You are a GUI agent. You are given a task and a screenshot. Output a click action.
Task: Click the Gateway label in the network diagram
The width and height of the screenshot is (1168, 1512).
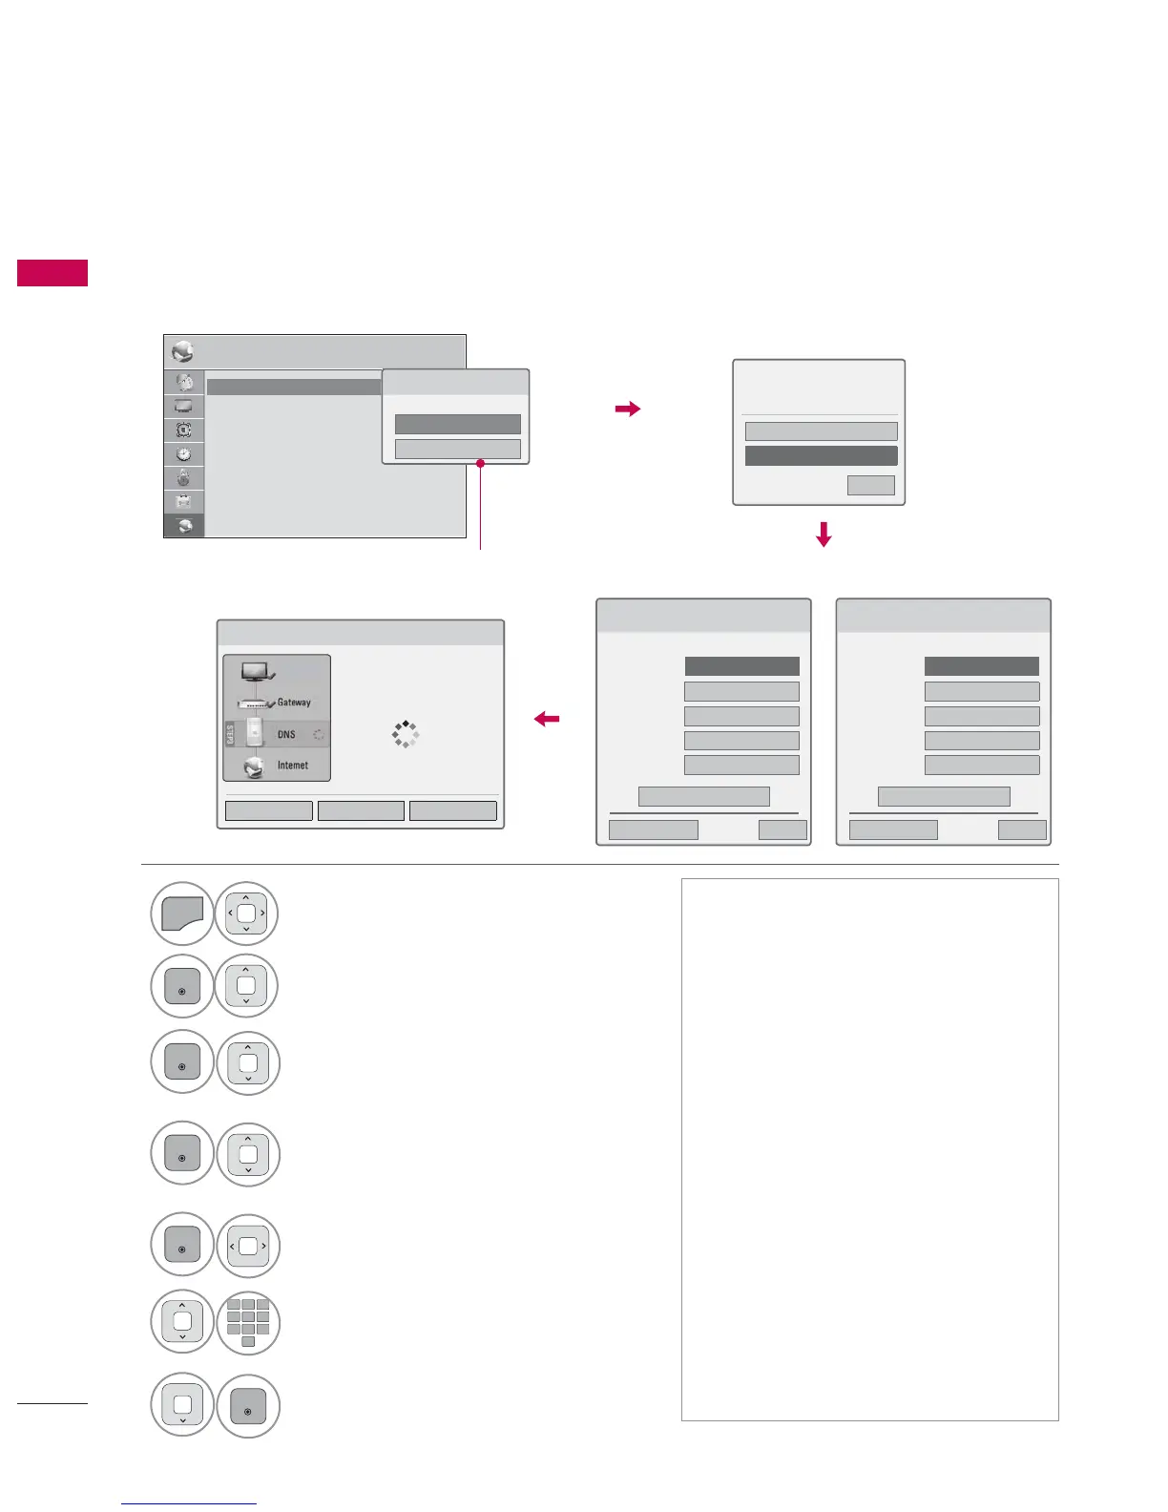pos(294,703)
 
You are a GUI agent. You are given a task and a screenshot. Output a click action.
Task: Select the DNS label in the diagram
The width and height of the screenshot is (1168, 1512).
pos(286,735)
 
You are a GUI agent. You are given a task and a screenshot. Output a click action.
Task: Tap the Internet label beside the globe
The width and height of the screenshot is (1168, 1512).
pos(293,766)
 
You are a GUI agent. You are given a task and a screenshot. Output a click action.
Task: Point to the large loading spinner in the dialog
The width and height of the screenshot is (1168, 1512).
pos(406,734)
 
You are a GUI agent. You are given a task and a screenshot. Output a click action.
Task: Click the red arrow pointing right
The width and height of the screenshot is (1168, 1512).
pos(628,409)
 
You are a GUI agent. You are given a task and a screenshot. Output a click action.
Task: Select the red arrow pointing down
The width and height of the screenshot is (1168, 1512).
pos(824,534)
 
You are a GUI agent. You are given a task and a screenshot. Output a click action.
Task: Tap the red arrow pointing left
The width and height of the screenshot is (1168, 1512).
pos(547,720)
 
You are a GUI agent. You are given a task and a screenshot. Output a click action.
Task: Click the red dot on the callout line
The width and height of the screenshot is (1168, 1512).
pos(480,464)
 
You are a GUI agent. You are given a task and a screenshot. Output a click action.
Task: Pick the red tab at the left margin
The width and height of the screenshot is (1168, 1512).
pos(52,273)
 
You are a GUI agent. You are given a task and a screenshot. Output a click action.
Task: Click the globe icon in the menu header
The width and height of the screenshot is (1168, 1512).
pos(182,352)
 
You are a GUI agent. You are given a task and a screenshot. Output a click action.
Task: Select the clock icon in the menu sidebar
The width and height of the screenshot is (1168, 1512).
pos(184,454)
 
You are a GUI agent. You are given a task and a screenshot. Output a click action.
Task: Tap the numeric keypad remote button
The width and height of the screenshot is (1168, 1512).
pos(248,1323)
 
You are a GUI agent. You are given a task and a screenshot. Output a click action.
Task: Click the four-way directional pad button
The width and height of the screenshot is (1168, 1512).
pos(246,913)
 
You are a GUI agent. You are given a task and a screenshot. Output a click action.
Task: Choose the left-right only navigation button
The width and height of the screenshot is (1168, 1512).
pos(248,1246)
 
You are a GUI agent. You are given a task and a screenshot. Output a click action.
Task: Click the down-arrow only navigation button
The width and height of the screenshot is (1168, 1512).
pos(182,1406)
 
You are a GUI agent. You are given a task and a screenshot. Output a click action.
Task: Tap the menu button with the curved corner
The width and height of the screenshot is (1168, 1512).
pos(181,913)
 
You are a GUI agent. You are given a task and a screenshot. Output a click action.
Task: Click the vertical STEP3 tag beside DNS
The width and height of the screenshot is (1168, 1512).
pos(230,735)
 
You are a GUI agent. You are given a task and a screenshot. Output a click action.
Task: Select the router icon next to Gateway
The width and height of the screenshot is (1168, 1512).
pos(254,703)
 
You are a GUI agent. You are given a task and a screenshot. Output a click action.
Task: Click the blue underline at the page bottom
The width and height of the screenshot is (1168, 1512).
pos(189,1504)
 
